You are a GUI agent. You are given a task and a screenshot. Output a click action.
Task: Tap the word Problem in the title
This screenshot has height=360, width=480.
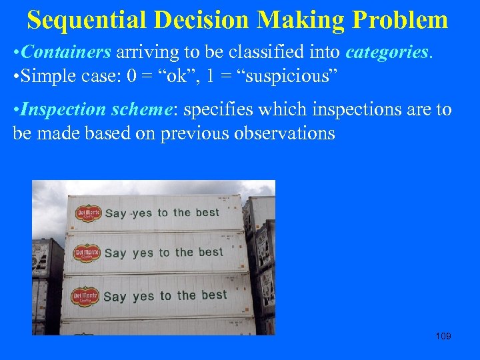tap(400, 20)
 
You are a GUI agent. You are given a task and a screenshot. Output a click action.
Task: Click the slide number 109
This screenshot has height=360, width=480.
tap(443, 336)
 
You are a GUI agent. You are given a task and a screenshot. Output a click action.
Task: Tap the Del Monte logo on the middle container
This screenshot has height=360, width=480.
tap(87, 253)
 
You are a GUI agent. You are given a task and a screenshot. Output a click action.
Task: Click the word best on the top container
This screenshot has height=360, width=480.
tap(207, 213)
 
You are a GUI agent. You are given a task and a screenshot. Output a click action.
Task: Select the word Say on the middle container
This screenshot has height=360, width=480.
tap(115, 253)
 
